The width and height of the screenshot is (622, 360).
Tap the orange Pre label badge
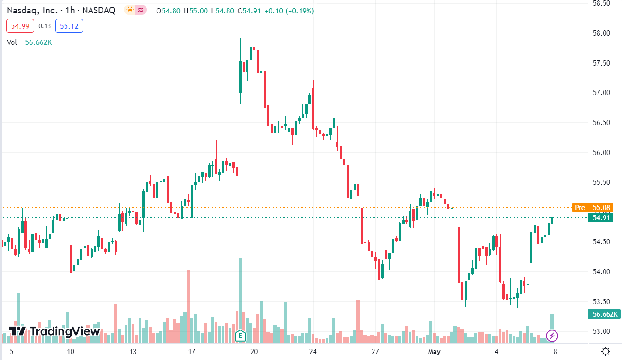click(x=580, y=208)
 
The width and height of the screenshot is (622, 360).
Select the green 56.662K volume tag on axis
click(x=604, y=314)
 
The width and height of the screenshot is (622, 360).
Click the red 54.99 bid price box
click(x=20, y=26)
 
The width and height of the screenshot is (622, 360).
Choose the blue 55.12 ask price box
click(x=69, y=26)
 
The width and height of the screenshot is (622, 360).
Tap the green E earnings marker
click(x=240, y=336)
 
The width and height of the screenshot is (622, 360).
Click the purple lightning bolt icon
click(x=552, y=336)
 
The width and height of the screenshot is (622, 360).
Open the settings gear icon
click(x=606, y=351)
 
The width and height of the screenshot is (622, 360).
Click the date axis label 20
click(x=254, y=352)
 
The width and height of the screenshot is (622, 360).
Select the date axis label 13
click(x=133, y=352)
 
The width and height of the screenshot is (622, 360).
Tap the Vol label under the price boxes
click(x=12, y=42)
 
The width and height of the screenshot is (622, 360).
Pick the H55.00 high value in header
click(x=196, y=11)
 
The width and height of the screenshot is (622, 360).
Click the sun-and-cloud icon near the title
click(x=130, y=10)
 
